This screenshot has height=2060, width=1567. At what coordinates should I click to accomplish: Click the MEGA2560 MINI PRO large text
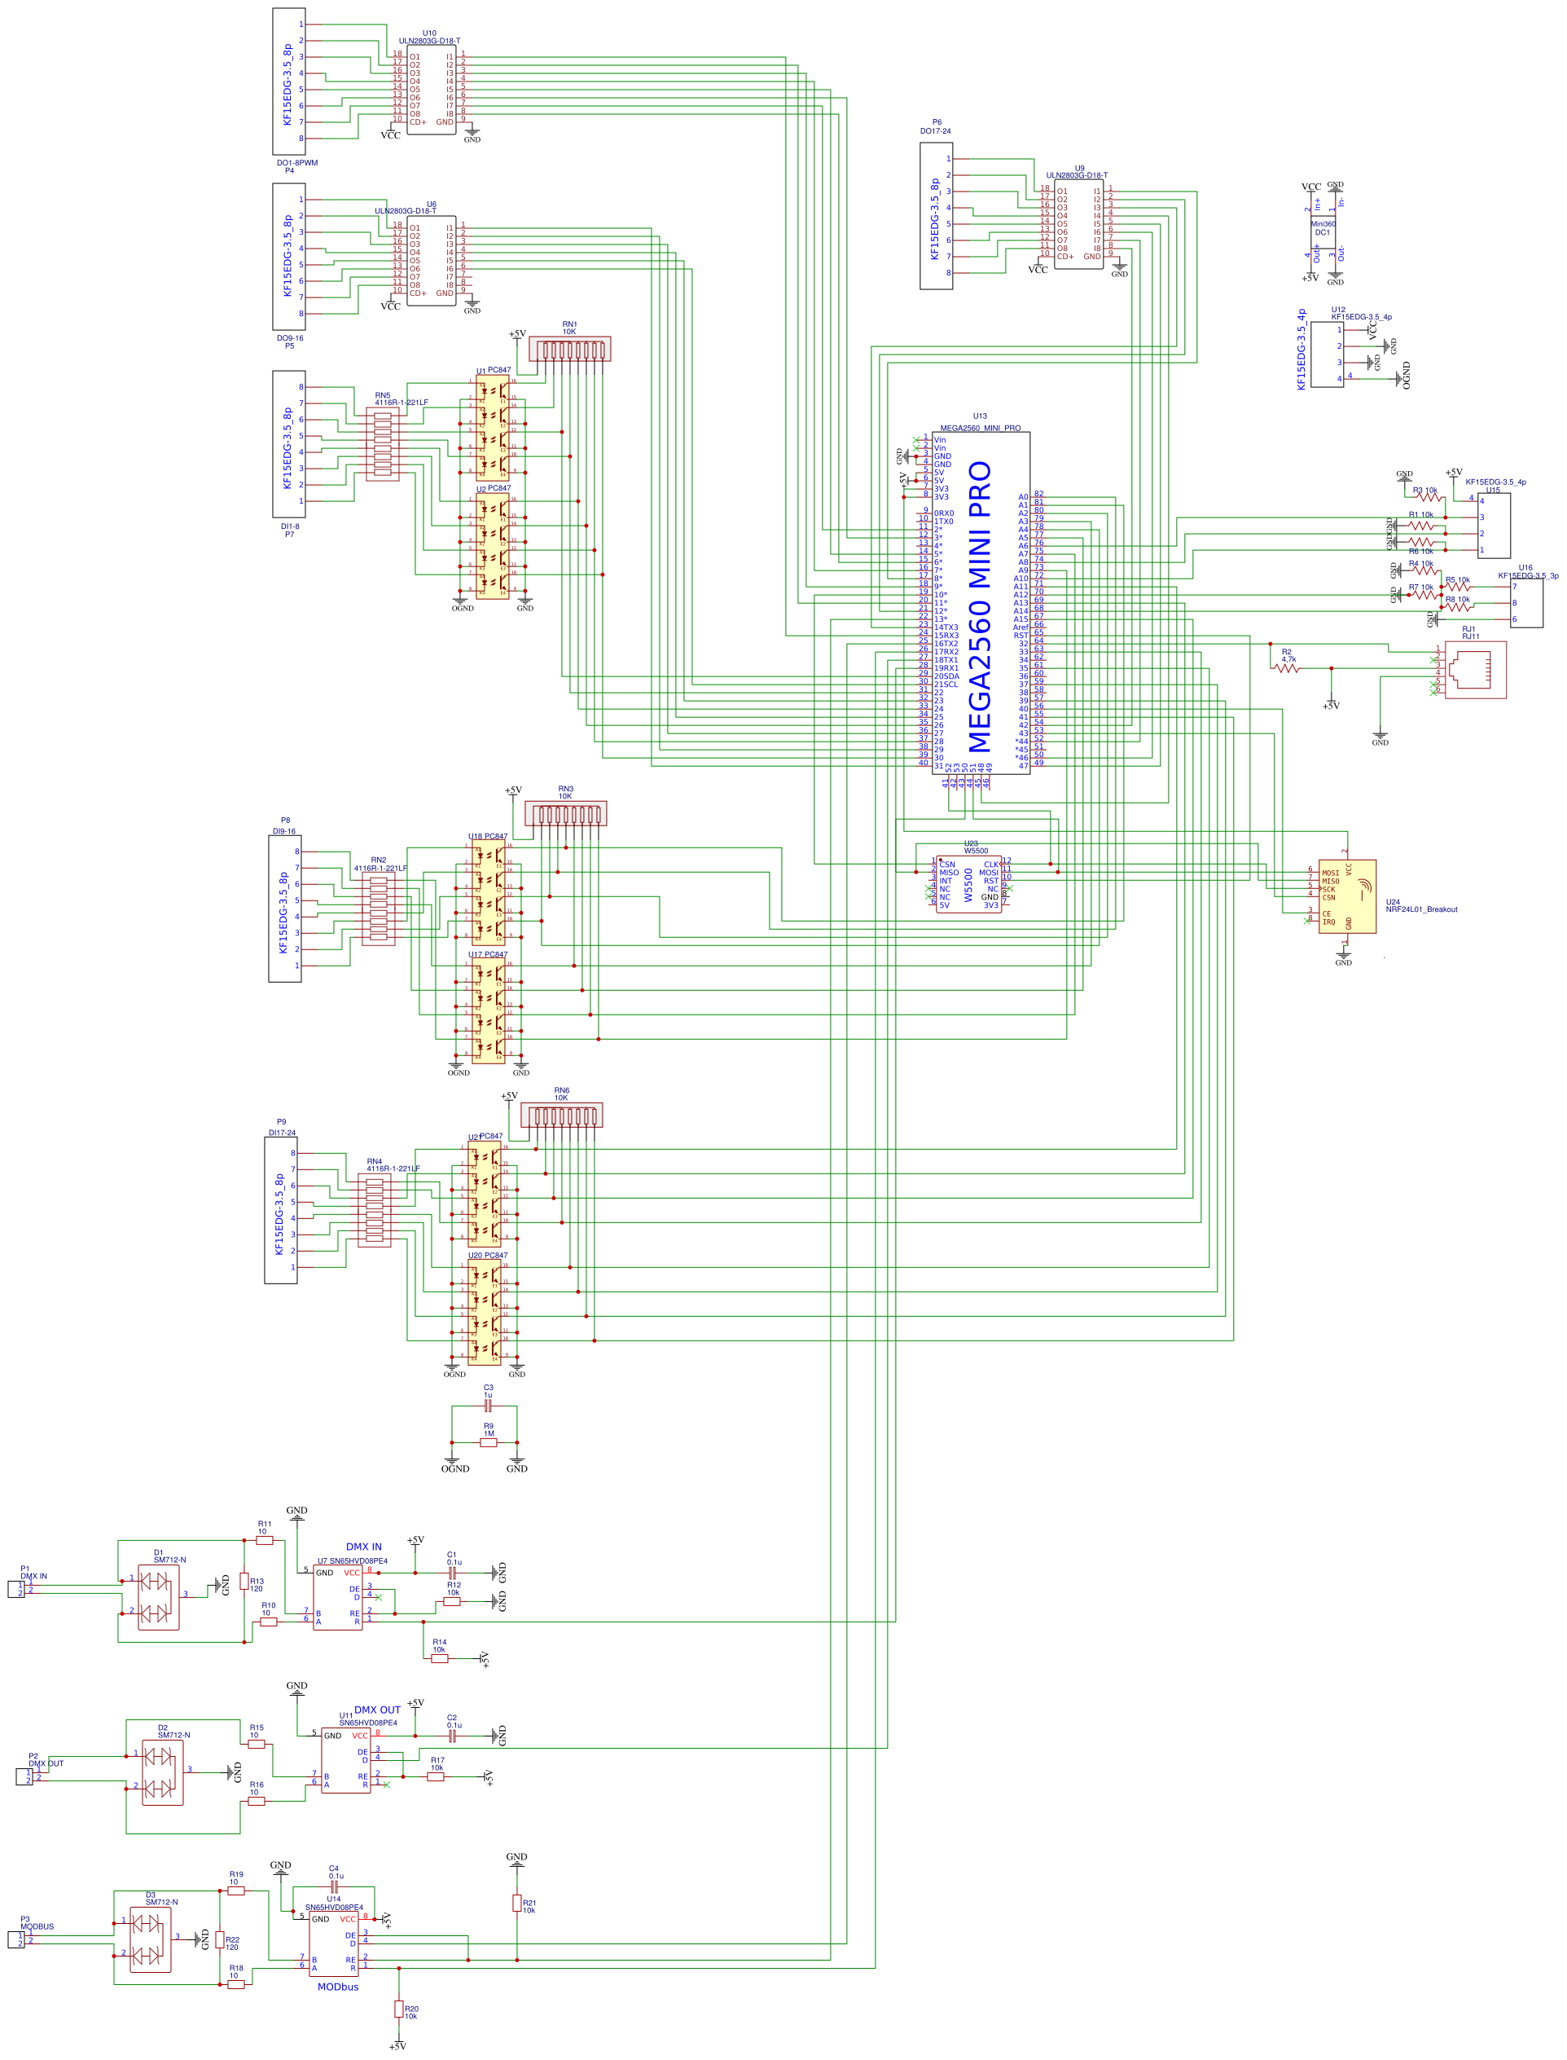(978, 606)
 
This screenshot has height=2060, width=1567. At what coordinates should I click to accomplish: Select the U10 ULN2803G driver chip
(431, 90)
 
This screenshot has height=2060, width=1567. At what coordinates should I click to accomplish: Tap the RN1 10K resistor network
(570, 350)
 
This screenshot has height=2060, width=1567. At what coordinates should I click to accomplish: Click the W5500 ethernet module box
(969, 883)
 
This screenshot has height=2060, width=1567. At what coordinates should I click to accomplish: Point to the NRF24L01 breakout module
(1347, 896)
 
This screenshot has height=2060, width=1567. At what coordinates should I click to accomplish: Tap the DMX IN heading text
(364, 1546)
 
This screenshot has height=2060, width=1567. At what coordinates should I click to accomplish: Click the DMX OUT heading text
(377, 1710)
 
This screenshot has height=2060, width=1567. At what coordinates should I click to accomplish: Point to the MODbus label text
(338, 1987)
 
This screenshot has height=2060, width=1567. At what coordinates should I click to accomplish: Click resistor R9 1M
(489, 1442)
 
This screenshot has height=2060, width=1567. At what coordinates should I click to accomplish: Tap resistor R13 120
(244, 1582)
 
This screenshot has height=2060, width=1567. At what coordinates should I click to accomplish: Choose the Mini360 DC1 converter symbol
(1323, 229)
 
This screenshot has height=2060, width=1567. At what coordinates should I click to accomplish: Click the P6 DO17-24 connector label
(936, 127)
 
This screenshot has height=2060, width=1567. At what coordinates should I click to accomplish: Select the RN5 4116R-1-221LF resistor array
(383, 444)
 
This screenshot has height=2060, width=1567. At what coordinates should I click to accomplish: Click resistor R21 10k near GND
(516, 1904)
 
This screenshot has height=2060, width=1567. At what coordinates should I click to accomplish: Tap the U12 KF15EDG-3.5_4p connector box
(1328, 354)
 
